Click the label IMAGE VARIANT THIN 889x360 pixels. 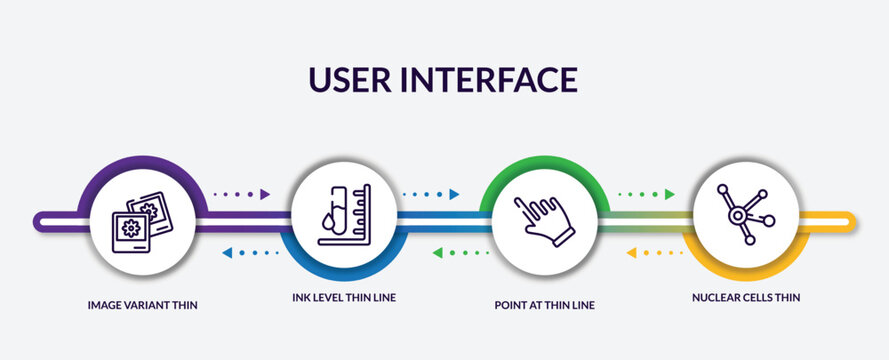point(142,304)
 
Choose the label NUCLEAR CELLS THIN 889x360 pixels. point(745,297)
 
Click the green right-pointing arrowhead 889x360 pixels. point(670,194)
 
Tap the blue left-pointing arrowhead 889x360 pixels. point(227,253)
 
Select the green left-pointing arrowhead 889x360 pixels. point(437,253)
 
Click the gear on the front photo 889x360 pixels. point(129,228)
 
